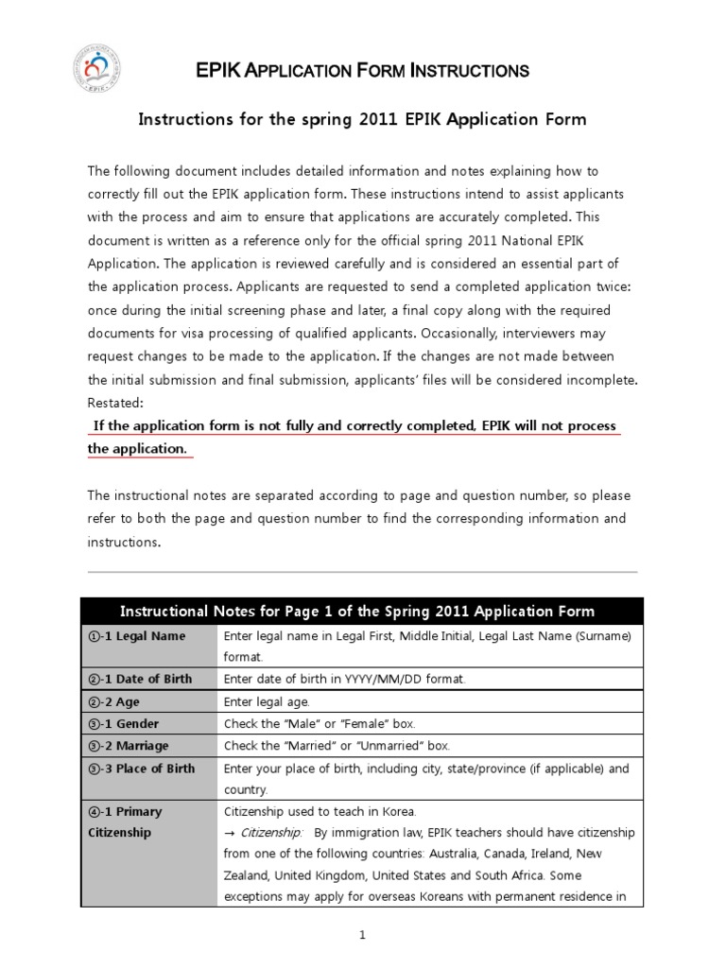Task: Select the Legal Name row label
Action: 137,636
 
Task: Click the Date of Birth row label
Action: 142,679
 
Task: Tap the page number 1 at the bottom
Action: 362,935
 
